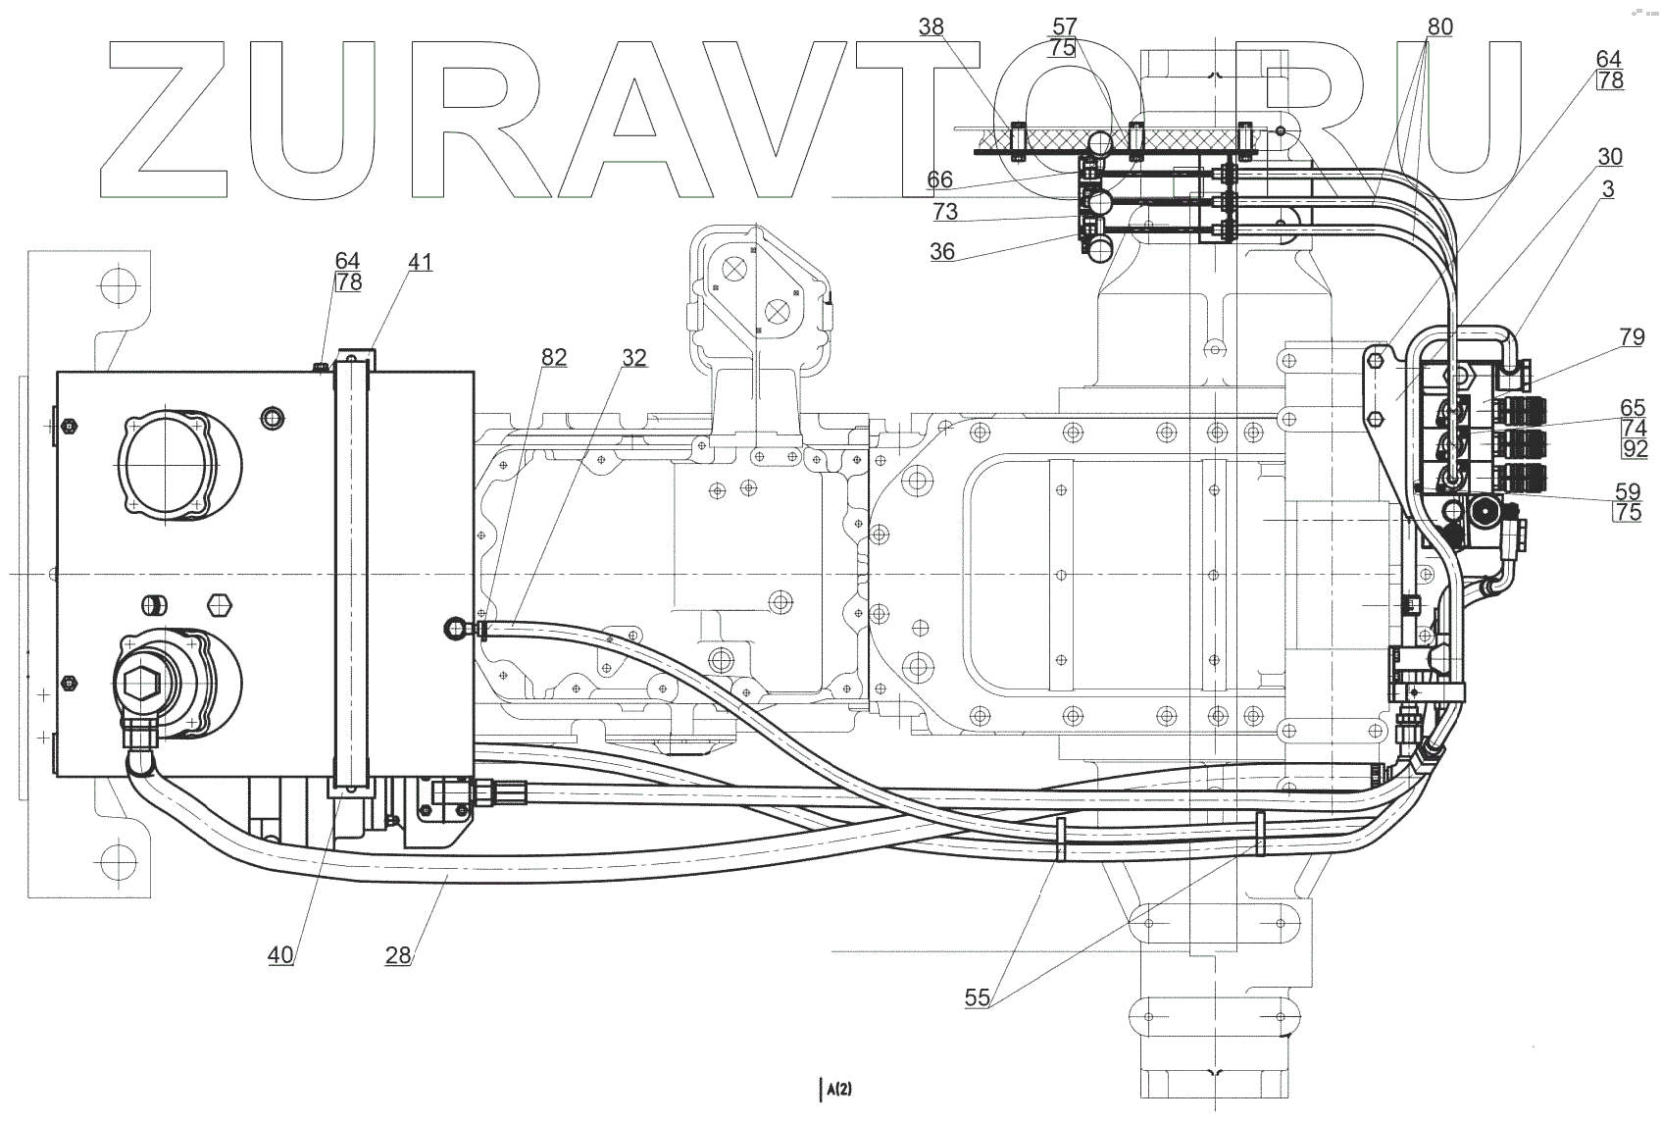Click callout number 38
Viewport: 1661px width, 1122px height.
pyautogui.click(x=931, y=27)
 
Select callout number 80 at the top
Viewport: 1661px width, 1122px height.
pyautogui.click(x=1438, y=27)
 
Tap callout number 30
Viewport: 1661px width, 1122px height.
pyautogui.click(x=1609, y=157)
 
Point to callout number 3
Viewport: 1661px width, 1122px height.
pyautogui.click(x=1607, y=188)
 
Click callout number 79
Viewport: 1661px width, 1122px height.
pyautogui.click(x=1632, y=337)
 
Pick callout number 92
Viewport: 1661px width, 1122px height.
pyautogui.click(x=1634, y=450)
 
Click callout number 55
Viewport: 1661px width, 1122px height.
pyautogui.click(x=977, y=997)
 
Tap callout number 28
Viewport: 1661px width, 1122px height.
pyautogui.click(x=397, y=953)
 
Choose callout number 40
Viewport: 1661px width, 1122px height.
pyautogui.click(x=280, y=953)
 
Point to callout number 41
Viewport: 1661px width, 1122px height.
pyautogui.click(x=420, y=262)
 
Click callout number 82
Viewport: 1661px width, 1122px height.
pyautogui.click(x=554, y=357)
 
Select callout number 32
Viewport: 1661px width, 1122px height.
pyautogui.click(x=633, y=357)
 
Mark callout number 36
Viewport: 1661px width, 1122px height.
pyautogui.click(x=941, y=251)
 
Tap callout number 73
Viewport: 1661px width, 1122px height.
pyautogui.click(x=944, y=212)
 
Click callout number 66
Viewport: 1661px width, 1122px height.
pyautogui.click(x=938, y=179)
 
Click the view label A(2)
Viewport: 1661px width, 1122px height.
pyautogui.click(x=837, y=1088)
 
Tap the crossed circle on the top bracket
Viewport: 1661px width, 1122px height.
pyautogui.click(x=777, y=312)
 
